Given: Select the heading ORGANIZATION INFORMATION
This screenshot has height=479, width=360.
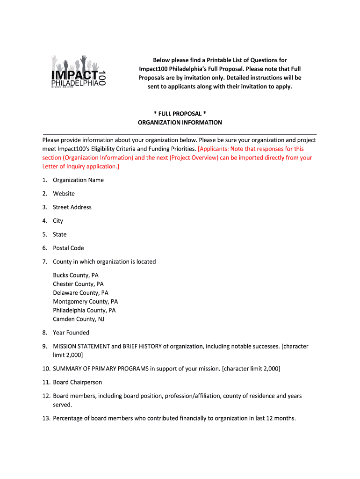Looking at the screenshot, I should point(180,123).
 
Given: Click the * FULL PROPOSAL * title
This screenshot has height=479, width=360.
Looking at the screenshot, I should point(180,114).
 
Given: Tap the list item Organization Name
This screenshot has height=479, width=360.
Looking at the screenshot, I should point(78,180).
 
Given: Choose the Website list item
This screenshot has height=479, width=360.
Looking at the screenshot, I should point(64,194).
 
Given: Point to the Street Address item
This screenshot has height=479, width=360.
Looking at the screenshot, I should point(72,207).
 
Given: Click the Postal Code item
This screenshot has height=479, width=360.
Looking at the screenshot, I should point(68,248).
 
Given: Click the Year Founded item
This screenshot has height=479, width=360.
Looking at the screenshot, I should point(71,333).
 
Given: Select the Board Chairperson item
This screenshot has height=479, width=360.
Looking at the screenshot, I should point(77,382).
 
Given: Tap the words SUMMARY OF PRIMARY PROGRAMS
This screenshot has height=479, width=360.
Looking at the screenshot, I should point(101,369).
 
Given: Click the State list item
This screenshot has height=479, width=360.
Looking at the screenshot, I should point(60,234).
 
